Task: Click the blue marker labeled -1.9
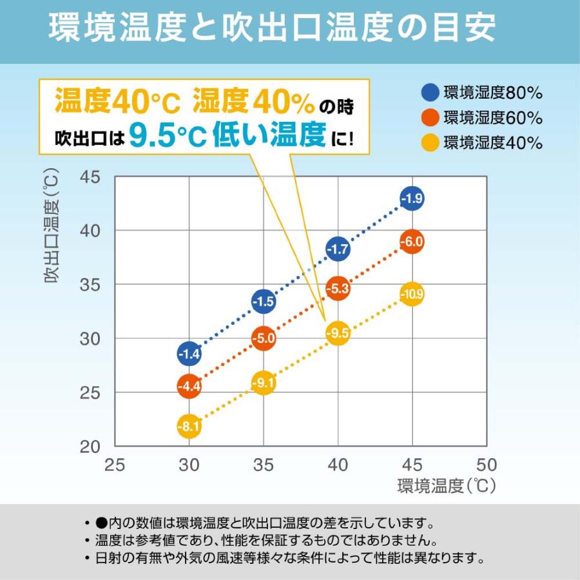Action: tap(412, 198)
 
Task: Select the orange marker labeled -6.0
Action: tap(412, 242)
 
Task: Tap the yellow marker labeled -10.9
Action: tap(412, 295)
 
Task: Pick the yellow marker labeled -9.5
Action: tap(337, 333)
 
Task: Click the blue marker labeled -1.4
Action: tap(189, 353)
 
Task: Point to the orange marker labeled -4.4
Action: tap(189, 387)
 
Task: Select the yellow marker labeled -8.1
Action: tap(189, 426)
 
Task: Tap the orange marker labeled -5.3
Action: tap(337, 289)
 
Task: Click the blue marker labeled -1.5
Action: tap(263, 301)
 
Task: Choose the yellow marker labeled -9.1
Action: tap(263, 384)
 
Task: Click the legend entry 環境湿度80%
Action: tap(483, 93)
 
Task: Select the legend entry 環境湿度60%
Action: tap(483, 118)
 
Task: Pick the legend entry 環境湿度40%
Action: tap(483, 143)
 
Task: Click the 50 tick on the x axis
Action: tap(487, 465)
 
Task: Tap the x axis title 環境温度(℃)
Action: tap(446, 485)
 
